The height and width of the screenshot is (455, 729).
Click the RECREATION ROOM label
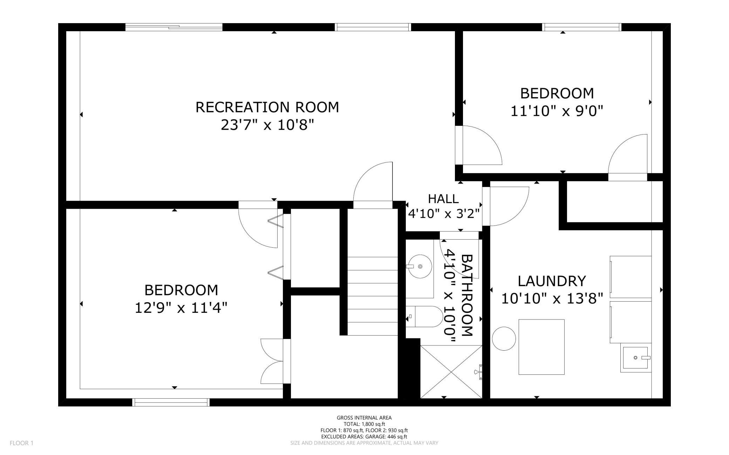[267, 107]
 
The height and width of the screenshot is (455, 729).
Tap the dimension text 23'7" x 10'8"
[267, 125]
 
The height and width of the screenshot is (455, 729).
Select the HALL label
[443, 199]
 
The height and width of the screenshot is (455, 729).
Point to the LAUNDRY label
[552, 281]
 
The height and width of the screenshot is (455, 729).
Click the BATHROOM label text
[467, 295]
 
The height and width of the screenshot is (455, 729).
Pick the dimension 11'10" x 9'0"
[557, 111]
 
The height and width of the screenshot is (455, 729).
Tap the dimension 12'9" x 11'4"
[181, 308]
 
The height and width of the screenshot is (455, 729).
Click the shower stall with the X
[451, 372]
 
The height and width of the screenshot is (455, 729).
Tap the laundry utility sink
[636, 359]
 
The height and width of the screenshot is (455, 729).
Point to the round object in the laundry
[504, 338]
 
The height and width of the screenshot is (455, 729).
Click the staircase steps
[373, 296]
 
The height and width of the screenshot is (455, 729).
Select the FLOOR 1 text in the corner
[21, 443]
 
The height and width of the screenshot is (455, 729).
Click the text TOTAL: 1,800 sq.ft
[364, 424]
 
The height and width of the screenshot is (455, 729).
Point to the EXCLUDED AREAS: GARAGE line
[364, 436]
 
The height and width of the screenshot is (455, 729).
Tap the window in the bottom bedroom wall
[171, 402]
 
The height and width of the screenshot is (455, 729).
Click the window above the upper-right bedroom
[582, 27]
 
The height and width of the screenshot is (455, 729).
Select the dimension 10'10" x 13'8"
[552, 299]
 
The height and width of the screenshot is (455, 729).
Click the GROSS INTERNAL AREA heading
[364, 418]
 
